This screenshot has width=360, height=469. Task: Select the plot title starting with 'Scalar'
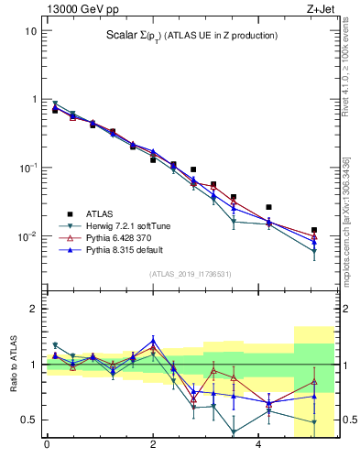tap(191, 36)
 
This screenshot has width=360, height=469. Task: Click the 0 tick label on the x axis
tap(47, 446)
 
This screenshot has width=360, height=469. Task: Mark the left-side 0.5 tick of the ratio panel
tap(28, 420)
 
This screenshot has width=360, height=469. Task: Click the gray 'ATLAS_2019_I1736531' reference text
tap(191, 273)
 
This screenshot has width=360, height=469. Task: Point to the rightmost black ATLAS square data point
tap(314, 230)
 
